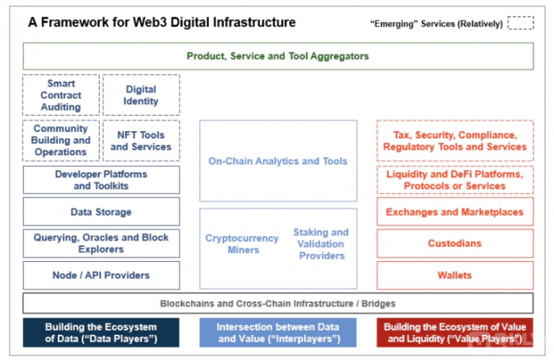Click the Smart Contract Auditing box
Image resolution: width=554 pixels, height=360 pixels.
[x=61, y=95]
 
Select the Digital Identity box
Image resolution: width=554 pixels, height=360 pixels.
[x=141, y=95]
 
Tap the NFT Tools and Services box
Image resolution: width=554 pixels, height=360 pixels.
[x=141, y=141]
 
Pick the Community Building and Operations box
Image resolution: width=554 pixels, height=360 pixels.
[x=61, y=141]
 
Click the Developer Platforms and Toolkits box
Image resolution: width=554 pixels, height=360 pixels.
[x=101, y=180]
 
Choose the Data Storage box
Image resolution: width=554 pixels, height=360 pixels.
[x=101, y=211]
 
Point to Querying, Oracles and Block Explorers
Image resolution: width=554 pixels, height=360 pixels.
[x=101, y=244]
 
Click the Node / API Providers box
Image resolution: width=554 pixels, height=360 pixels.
[x=101, y=275]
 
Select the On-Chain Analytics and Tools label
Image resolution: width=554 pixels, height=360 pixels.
[x=278, y=161]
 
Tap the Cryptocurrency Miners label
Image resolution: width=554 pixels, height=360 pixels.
[x=242, y=244]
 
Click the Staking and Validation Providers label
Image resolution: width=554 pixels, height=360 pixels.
[x=321, y=244]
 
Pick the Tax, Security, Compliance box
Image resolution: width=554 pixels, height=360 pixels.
[x=455, y=141]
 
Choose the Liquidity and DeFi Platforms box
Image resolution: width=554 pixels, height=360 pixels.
[x=455, y=180]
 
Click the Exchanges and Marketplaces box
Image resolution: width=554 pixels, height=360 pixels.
[x=455, y=211]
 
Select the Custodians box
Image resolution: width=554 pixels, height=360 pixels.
[x=455, y=244]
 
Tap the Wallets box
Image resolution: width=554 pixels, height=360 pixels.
[x=455, y=275]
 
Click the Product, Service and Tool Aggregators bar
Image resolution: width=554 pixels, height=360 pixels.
[x=278, y=56]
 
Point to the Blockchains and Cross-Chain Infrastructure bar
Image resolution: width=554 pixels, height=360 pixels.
[x=278, y=303]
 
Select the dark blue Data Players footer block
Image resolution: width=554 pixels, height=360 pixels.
[x=101, y=332]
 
